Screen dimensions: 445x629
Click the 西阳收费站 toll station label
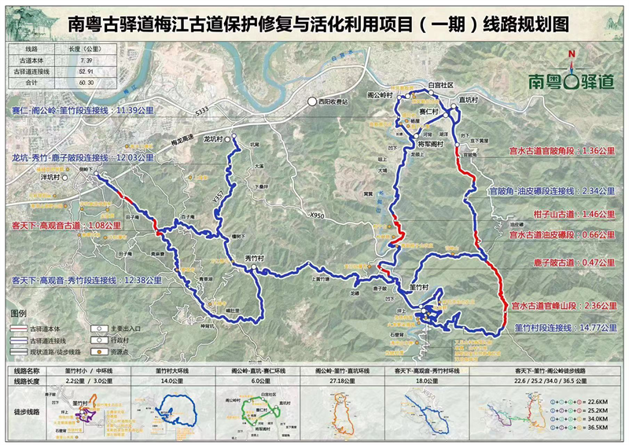click(333, 101)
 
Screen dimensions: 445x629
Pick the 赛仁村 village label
click(430, 114)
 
